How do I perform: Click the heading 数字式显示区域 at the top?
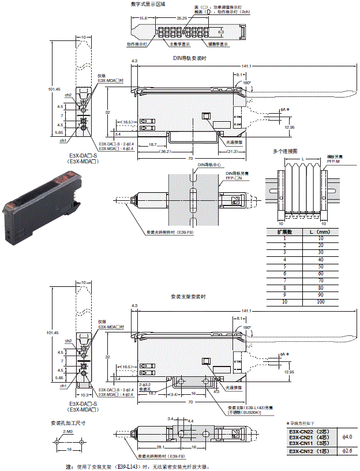[x=148, y=3]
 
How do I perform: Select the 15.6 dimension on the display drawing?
[x=143, y=18]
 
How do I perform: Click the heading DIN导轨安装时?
[x=189, y=57]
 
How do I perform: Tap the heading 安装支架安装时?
[x=189, y=297]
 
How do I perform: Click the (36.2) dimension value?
[x=149, y=152]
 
